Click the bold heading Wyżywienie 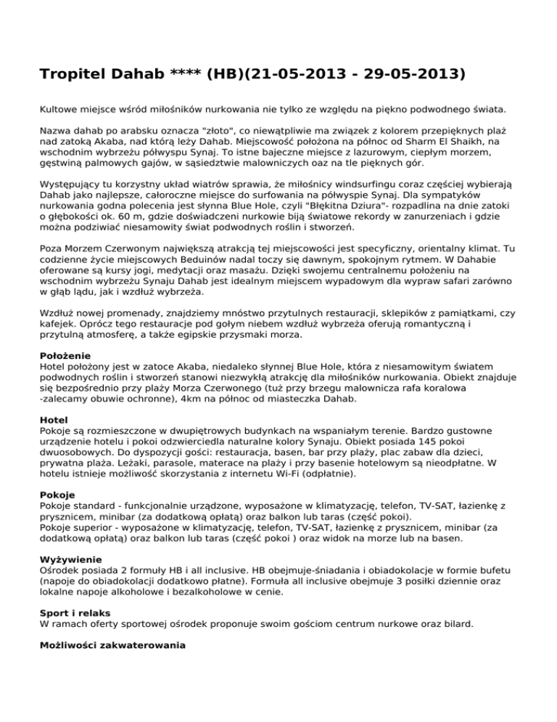pos(71,560)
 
